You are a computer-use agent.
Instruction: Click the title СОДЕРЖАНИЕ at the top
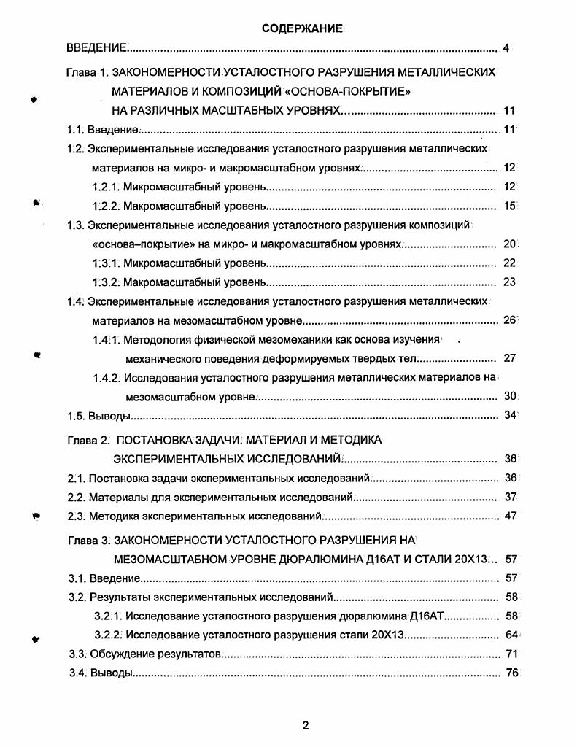point(302,28)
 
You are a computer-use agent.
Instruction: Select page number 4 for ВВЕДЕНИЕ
point(506,49)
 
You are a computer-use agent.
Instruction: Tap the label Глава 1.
point(87,73)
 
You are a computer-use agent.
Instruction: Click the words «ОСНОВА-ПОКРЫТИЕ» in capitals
point(347,92)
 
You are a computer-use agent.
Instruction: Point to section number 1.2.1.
point(106,187)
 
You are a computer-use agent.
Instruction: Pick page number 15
point(509,206)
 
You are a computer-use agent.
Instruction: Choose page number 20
point(509,244)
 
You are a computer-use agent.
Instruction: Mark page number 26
point(509,320)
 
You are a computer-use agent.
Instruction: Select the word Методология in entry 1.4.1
point(158,339)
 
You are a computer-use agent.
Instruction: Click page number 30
point(510,396)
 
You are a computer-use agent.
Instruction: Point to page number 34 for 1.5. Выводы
point(510,416)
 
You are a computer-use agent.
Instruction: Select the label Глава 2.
point(87,440)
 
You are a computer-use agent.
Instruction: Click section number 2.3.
point(76,516)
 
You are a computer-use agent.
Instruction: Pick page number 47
point(510,516)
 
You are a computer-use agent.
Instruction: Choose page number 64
point(511,635)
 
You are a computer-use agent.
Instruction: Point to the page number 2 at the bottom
point(306,725)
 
